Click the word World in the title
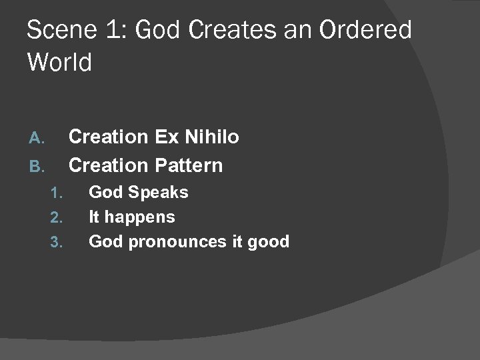click(x=59, y=63)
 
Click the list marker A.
click(x=37, y=138)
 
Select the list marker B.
click(x=37, y=165)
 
